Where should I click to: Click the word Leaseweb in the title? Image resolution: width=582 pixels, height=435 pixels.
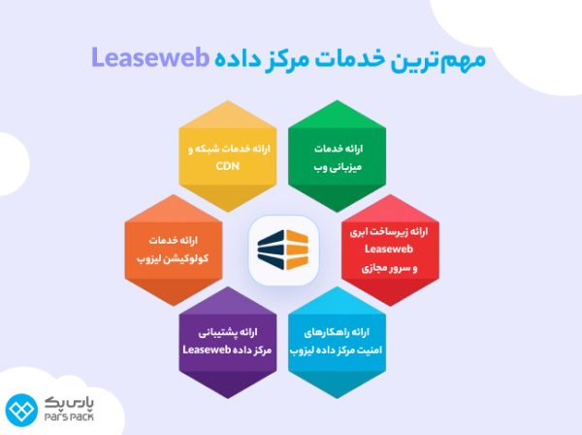(151, 57)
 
